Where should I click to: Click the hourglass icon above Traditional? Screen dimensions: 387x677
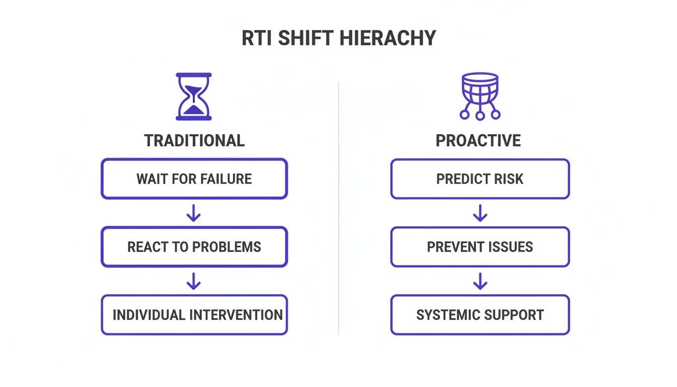[194, 96]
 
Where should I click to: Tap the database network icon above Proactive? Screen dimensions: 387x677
[480, 96]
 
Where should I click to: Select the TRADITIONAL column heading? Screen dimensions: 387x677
[194, 141]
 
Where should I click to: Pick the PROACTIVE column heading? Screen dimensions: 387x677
[478, 141]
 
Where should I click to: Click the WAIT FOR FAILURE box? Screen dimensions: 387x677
[194, 179]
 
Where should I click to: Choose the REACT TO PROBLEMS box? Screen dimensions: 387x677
[194, 247]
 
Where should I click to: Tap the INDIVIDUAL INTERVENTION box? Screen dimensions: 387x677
[194, 315]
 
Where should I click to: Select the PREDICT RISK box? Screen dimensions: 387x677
[480, 179]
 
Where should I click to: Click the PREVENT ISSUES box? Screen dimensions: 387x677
[480, 247]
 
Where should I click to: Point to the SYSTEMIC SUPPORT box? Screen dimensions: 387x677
[480, 315]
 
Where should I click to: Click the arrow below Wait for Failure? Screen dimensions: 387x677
[194, 213]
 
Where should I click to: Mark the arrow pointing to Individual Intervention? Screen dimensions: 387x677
[194, 281]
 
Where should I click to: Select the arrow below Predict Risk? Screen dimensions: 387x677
[480, 213]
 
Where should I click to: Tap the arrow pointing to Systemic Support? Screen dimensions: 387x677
[480, 281]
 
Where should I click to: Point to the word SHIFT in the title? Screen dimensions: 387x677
[305, 38]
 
